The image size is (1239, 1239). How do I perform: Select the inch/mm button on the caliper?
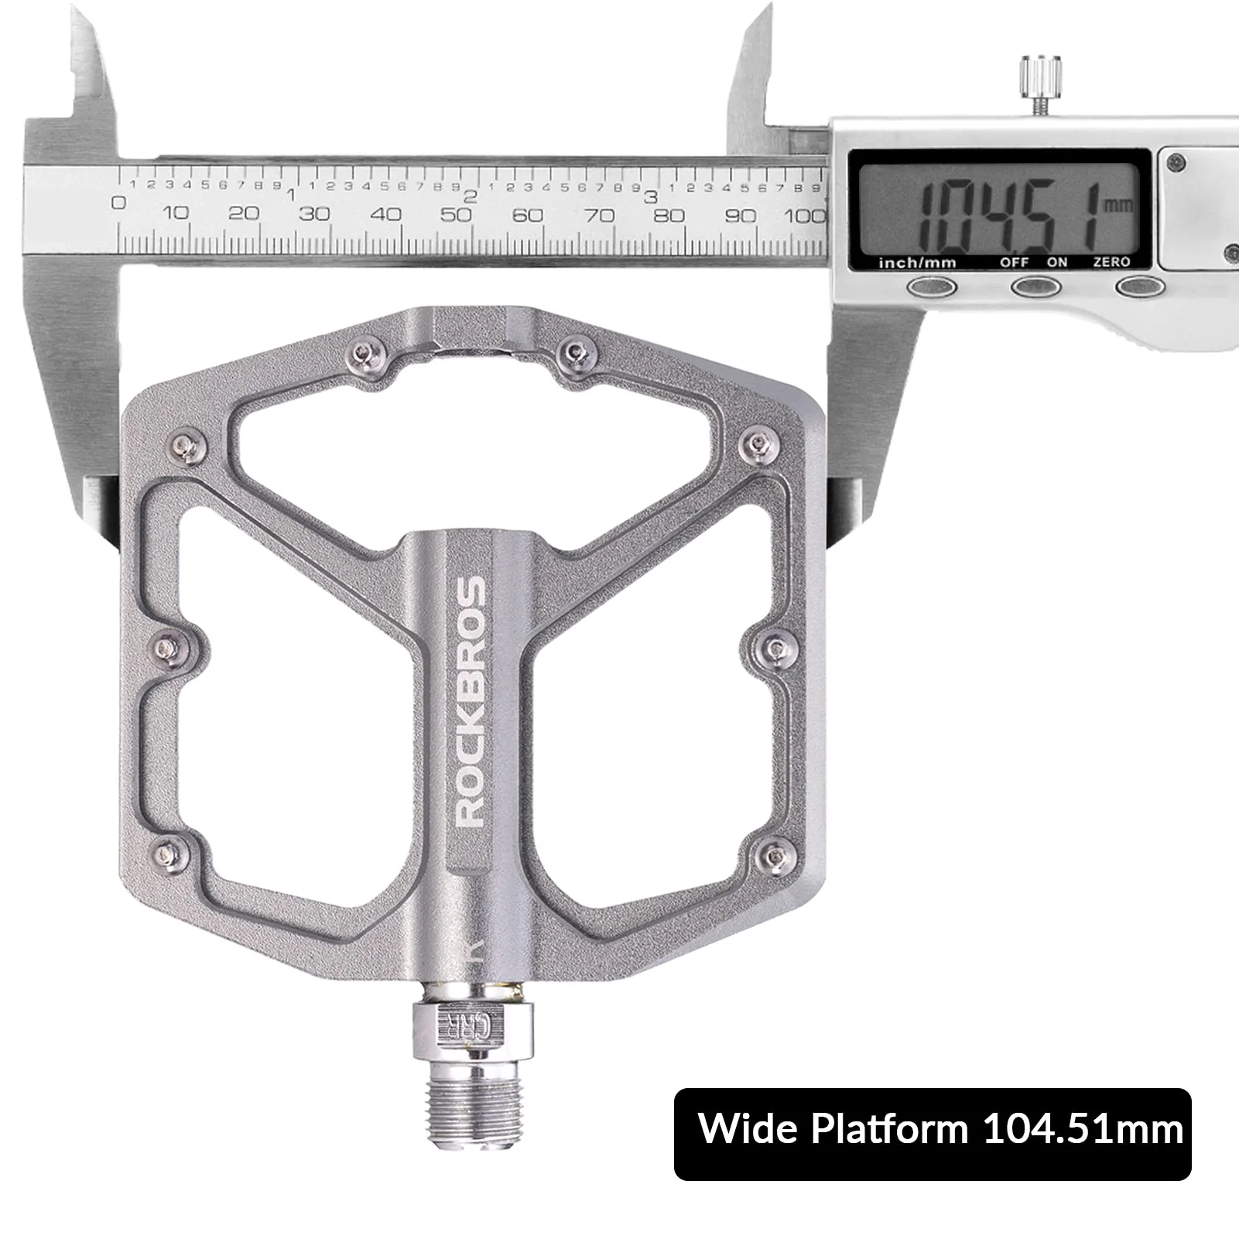932,287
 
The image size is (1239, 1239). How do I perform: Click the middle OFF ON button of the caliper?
1035,287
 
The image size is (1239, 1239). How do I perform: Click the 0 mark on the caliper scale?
118,204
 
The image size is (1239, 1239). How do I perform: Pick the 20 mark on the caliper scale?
243,214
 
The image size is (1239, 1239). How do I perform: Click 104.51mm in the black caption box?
1083,1129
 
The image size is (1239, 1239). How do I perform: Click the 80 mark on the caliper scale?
669,215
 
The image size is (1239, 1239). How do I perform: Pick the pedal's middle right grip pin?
776,646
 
